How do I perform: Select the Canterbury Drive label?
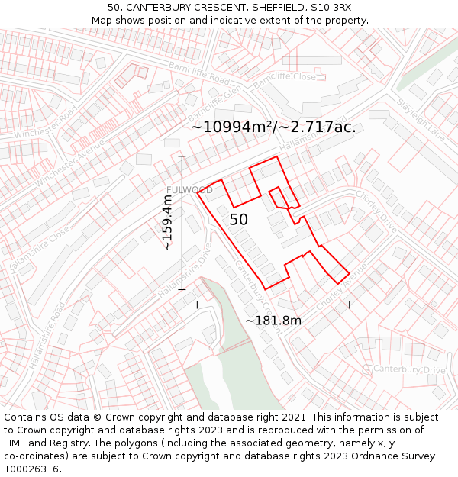(409, 370)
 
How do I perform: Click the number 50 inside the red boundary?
(238, 220)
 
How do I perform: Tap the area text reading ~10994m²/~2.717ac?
(273, 127)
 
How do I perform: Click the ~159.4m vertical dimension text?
(167, 222)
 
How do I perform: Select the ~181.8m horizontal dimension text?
(273, 321)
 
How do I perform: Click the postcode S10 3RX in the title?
(330, 7)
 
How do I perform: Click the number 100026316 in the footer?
(31, 469)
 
